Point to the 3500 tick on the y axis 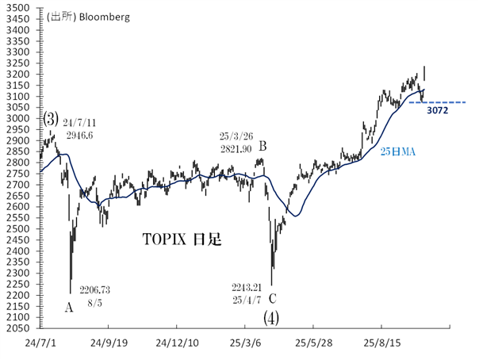tap(18, 8)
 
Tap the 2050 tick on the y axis tap(18, 327)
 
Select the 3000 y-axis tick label tap(18, 118)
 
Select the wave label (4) tap(272, 318)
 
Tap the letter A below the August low tap(68, 307)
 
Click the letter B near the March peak tap(262, 146)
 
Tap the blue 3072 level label tap(438, 112)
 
